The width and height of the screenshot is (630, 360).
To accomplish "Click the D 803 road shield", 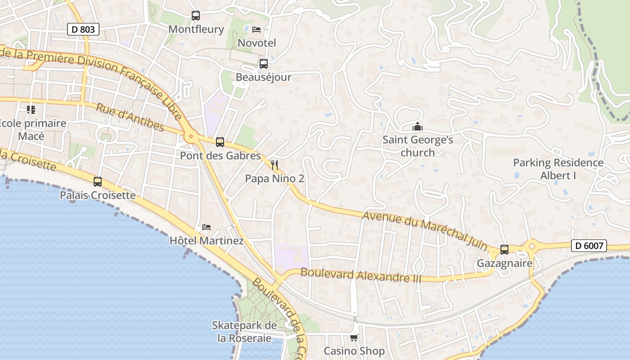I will [83, 30].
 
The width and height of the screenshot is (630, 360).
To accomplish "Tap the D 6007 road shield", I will [589, 246].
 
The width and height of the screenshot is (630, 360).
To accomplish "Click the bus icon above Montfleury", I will [196, 16].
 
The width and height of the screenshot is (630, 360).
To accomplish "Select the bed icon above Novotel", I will [256, 30].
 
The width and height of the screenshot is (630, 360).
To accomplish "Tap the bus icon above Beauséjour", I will [264, 64].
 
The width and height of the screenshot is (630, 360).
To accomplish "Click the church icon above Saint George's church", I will [418, 127].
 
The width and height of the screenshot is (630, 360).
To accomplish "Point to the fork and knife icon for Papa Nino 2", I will [274, 165].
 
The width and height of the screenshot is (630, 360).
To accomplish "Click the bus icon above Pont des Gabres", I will [220, 142].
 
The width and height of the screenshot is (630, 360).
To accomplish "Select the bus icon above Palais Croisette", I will [98, 182].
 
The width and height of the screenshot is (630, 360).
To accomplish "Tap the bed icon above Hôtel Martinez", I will [207, 227].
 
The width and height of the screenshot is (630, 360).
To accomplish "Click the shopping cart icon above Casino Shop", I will [354, 337].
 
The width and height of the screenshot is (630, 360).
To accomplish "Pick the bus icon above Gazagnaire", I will [504, 250].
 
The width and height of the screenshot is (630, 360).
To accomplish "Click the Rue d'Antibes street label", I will [130, 117].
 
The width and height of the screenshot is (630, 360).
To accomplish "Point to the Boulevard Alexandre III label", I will [361, 275].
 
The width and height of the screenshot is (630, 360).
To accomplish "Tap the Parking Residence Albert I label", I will [558, 169].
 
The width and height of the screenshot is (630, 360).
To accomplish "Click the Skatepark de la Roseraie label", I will [244, 332].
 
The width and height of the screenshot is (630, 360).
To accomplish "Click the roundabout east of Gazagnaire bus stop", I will [532, 246].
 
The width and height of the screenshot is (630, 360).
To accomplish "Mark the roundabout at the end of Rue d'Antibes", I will [191, 135].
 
